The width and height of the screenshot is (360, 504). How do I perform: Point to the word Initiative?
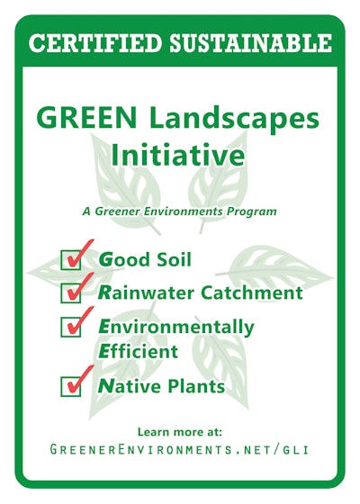[x=177, y=156]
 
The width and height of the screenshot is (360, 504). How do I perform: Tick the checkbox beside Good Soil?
[x=71, y=261]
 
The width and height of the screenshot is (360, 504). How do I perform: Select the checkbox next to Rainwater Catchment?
[x=71, y=293]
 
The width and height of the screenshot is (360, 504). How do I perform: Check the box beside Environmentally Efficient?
[x=71, y=326]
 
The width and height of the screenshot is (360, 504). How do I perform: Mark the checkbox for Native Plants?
[x=71, y=386]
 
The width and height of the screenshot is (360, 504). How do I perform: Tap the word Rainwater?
[x=143, y=293]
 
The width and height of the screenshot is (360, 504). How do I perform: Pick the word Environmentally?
[x=176, y=327]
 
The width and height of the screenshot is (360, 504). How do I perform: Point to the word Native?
[x=129, y=387]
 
